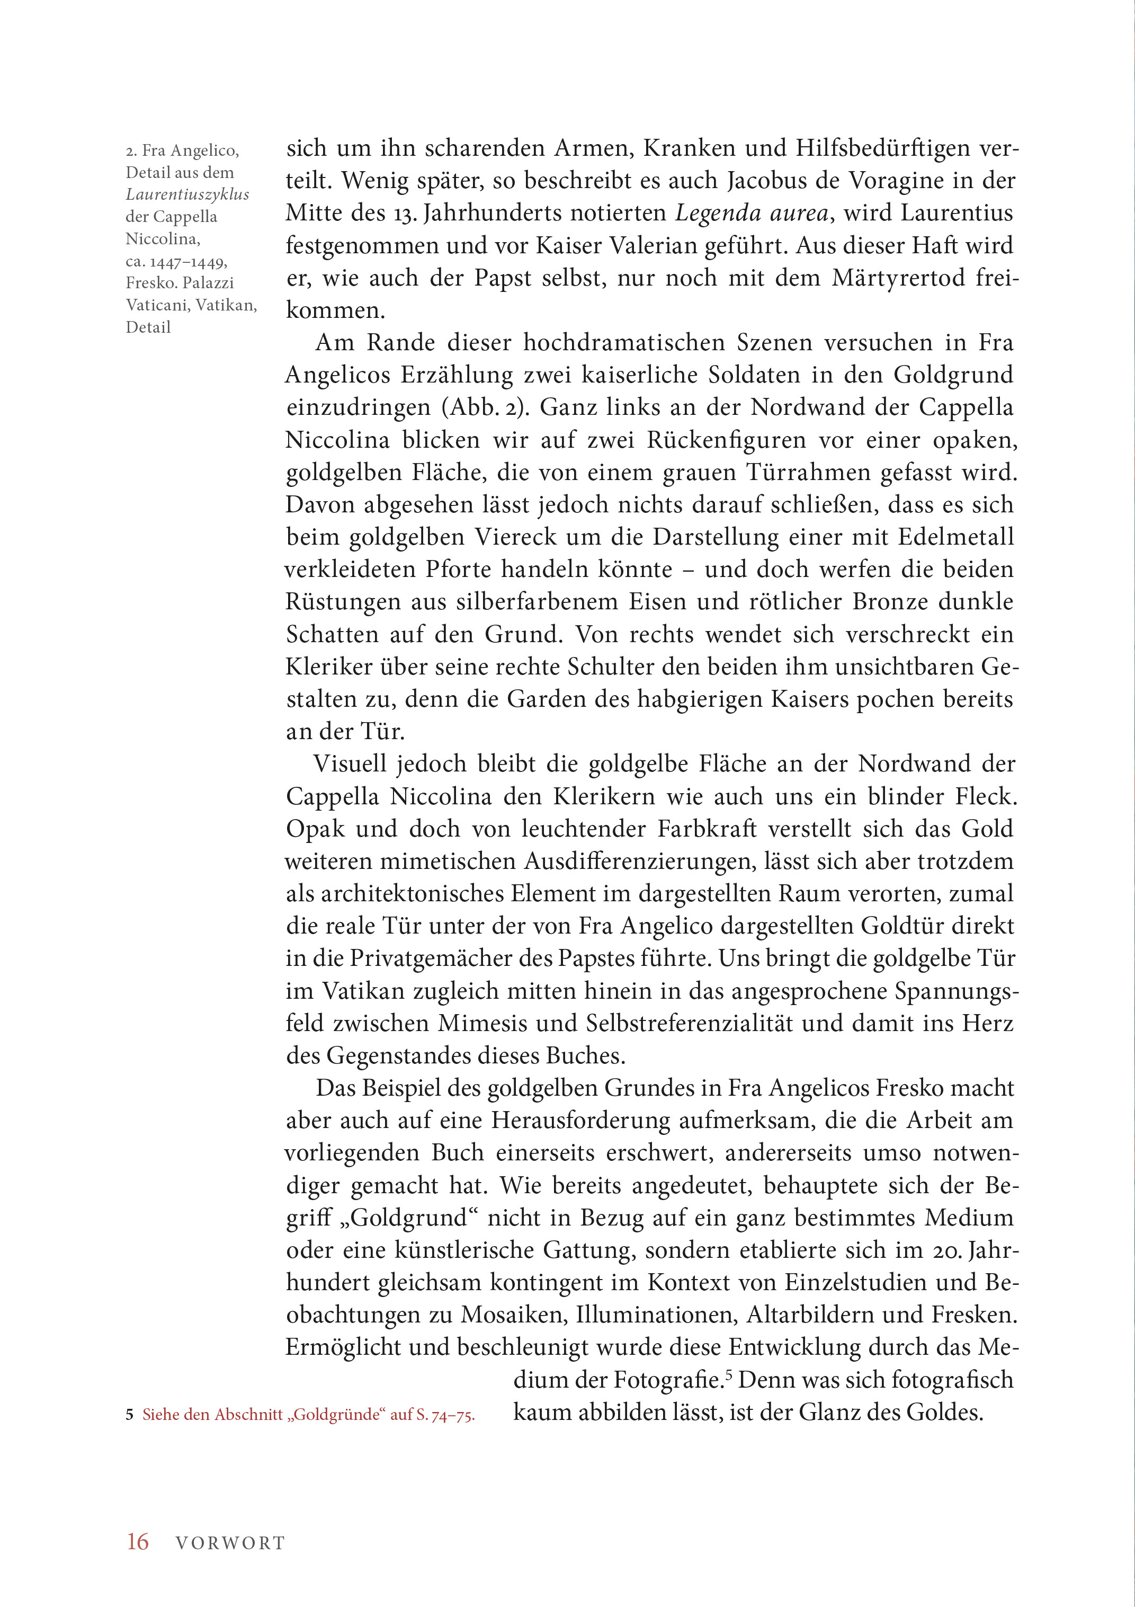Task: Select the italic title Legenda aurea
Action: coord(752,214)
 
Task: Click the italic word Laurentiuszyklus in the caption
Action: coord(187,194)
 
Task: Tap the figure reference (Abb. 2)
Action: coord(484,408)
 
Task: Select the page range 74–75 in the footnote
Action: coord(453,1415)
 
